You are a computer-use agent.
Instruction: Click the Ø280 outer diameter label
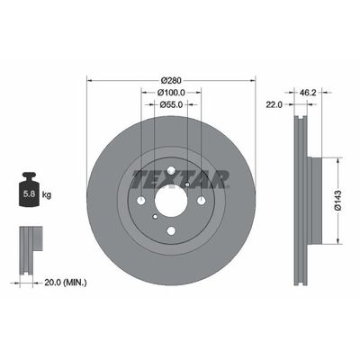(x=171, y=79)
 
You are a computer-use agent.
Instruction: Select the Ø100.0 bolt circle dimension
(x=171, y=92)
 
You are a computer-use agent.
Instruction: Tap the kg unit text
(x=47, y=193)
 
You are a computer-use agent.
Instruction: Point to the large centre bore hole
(x=171, y=200)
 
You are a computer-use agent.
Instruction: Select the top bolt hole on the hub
(x=171, y=170)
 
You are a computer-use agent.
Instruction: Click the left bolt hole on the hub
(x=141, y=200)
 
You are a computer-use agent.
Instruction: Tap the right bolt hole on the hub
(x=201, y=200)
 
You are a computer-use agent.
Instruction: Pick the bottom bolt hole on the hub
(x=171, y=230)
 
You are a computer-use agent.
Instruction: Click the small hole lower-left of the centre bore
(x=156, y=216)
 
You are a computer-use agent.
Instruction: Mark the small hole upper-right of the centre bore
(x=186, y=184)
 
